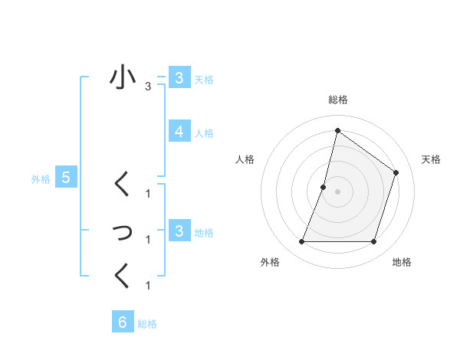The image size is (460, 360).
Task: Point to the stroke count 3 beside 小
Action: click(x=148, y=87)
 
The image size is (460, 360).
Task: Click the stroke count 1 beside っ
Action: click(x=148, y=240)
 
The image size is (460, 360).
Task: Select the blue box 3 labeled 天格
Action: click(x=179, y=78)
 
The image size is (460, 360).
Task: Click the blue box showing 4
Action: click(x=179, y=132)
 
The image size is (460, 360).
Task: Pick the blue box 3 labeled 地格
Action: click(x=179, y=231)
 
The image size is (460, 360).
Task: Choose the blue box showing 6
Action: click(x=122, y=322)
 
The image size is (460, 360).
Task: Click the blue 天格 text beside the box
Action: click(x=204, y=80)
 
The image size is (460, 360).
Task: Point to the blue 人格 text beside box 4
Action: click(x=204, y=133)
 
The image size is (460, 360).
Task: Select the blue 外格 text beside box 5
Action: click(x=41, y=179)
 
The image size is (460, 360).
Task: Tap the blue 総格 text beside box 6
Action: click(x=147, y=324)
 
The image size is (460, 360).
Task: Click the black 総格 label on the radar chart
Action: click(x=337, y=100)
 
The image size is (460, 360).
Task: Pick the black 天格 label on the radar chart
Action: click(x=431, y=159)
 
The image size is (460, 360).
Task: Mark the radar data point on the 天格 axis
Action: click(x=396, y=172)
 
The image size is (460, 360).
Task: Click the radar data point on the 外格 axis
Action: click(x=301, y=242)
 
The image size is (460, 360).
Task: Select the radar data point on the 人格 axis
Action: click(x=324, y=187)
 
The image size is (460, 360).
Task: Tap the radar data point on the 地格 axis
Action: click(x=373, y=242)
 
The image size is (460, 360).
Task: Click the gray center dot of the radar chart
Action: click(x=337, y=191)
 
